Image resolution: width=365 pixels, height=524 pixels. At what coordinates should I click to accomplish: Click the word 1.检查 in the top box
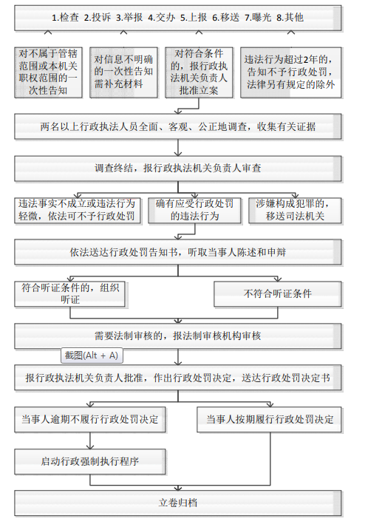65,18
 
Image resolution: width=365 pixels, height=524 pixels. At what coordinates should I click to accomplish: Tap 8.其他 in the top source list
290,18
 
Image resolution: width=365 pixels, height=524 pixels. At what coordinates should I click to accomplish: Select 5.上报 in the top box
194,18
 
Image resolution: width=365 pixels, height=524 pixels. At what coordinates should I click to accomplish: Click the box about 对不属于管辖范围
49,72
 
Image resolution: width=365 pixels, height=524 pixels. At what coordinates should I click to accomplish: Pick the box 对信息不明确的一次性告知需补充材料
123,72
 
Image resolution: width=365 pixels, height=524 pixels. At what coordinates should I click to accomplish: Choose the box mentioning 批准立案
199,72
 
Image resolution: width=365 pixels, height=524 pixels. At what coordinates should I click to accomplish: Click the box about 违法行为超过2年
291,72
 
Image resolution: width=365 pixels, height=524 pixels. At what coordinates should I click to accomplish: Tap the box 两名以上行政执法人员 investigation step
178,126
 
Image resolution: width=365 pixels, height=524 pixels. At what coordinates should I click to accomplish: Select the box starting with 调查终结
178,169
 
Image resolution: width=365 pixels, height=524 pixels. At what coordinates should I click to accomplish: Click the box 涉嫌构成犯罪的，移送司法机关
296,211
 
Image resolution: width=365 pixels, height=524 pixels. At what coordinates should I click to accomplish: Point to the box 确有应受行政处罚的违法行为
194,211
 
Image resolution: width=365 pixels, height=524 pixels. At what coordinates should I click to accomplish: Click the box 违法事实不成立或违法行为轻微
77,211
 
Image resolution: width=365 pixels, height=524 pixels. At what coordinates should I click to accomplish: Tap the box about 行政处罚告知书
178,252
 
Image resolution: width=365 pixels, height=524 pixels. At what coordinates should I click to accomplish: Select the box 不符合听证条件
278,294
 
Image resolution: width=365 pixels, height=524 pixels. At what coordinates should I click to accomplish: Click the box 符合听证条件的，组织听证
69,294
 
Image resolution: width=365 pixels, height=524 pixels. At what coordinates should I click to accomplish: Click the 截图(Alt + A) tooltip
92,355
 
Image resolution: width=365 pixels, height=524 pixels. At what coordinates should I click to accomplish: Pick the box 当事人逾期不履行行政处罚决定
90,420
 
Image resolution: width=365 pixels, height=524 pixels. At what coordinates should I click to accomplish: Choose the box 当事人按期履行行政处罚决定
270,420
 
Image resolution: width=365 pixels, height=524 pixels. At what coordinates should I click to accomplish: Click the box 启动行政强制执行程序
90,461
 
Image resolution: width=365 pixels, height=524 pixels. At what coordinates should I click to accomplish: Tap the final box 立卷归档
178,503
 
